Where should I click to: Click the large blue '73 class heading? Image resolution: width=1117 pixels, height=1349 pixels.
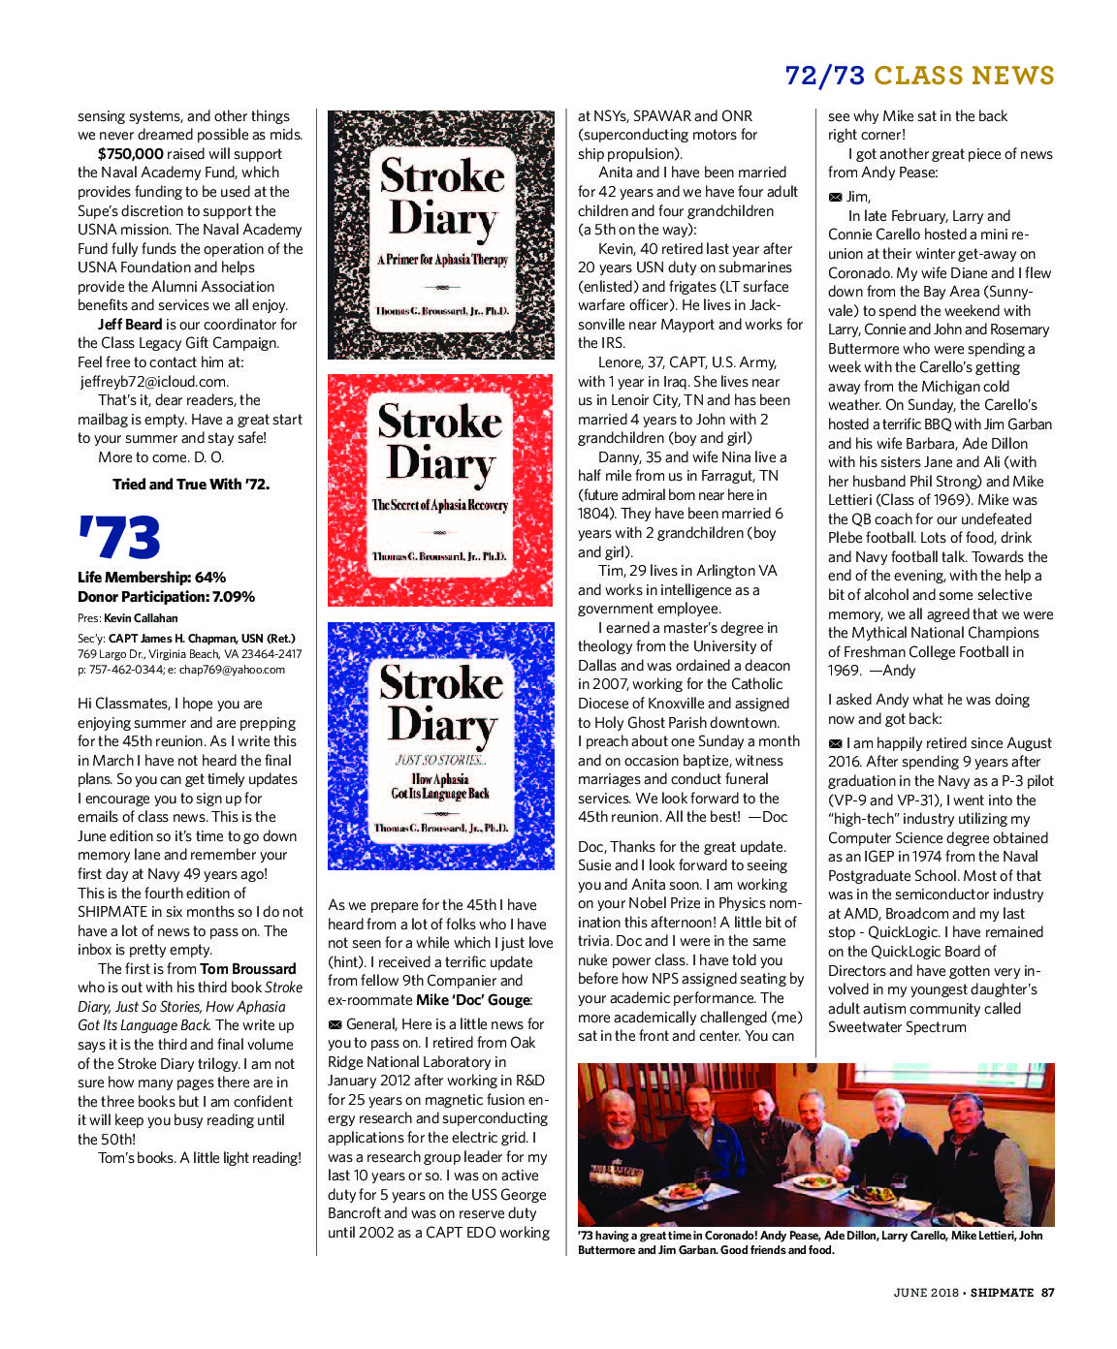[x=118, y=539]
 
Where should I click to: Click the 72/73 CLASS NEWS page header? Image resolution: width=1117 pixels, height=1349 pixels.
[x=918, y=76]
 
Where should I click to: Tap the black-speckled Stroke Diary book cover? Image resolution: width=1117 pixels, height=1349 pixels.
[x=441, y=235]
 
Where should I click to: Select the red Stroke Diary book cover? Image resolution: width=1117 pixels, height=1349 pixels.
[x=441, y=489]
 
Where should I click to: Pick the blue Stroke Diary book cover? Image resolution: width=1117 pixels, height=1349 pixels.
[x=441, y=745]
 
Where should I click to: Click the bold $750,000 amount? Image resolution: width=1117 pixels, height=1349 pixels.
[x=130, y=154]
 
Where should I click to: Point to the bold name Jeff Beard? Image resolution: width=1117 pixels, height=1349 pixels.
[x=129, y=325]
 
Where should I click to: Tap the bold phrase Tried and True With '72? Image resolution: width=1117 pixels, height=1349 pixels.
[x=191, y=485]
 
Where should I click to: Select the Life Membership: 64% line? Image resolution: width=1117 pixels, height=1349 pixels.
[x=151, y=578]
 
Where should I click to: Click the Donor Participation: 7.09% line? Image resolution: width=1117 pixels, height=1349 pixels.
[x=166, y=597]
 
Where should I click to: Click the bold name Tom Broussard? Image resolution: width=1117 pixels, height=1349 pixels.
[x=248, y=969]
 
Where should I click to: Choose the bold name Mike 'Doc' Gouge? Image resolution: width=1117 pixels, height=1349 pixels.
[x=472, y=1000]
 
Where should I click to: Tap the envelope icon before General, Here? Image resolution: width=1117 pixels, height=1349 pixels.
[x=335, y=1024]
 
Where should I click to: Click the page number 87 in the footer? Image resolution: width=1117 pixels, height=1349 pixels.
[x=1047, y=1292]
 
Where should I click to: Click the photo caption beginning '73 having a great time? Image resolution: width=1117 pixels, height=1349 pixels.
[x=810, y=1242]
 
